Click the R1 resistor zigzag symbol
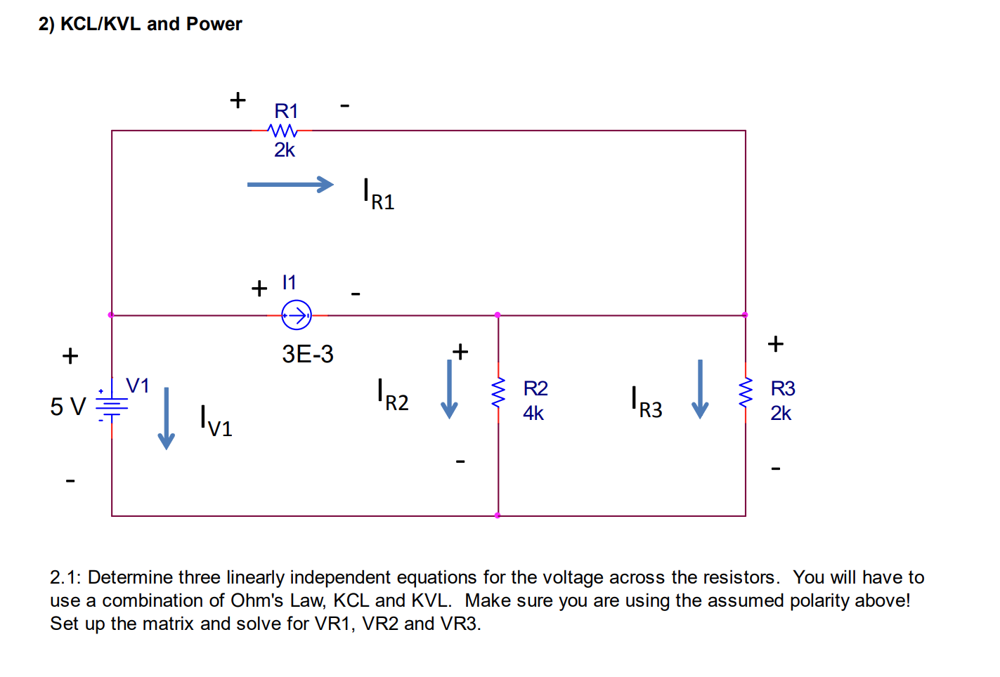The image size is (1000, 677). click(283, 131)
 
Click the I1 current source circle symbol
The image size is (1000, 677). click(297, 315)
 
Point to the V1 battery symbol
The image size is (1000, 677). click(112, 406)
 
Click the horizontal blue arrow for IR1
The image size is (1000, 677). click(290, 185)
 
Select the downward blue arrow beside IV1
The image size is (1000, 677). click(166, 419)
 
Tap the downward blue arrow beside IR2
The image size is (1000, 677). click(449, 389)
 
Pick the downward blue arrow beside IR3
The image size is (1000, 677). click(700, 389)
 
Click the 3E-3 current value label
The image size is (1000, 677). click(308, 354)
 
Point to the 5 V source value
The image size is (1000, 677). click(67, 407)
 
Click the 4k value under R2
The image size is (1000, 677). click(533, 414)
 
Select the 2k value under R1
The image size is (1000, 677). click(285, 150)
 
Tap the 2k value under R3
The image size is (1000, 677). click(781, 414)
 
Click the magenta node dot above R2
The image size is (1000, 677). click(498, 315)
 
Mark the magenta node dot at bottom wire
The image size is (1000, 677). click(498, 515)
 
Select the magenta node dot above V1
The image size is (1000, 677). click(111, 315)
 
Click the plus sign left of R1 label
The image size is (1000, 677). click(238, 100)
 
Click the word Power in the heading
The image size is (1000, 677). click(214, 24)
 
